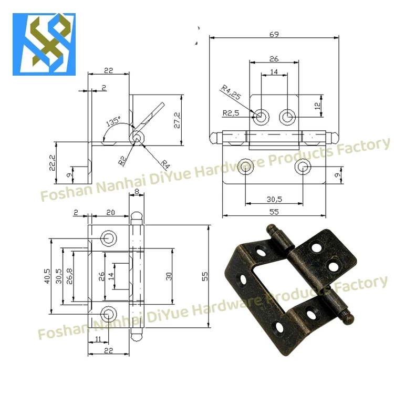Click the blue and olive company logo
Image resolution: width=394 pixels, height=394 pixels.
[x=44, y=45]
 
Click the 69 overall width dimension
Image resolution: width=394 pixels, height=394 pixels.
[x=273, y=35]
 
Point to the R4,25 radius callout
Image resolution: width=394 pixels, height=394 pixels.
[x=231, y=95]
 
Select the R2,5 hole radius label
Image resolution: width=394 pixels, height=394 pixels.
[x=231, y=113]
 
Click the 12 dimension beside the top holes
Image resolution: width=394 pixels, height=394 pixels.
[x=317, y=105]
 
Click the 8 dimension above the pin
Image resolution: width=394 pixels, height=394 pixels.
[x=137, y=193]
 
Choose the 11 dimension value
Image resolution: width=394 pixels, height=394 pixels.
[x=98, y=339]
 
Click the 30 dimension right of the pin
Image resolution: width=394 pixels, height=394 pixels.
[x=169, y=276]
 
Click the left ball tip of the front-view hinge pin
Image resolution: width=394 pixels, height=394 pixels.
[x=213, y=138]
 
